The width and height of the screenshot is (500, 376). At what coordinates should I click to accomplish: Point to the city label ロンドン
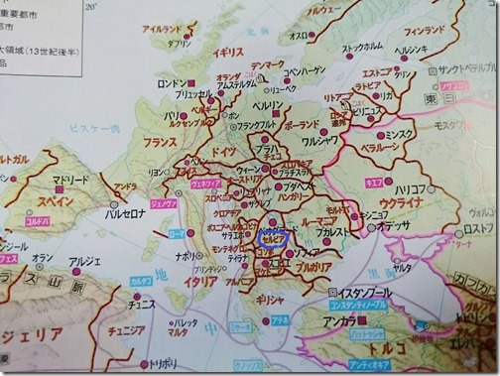click(171, 83)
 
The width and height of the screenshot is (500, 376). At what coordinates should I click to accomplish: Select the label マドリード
click(70, 181)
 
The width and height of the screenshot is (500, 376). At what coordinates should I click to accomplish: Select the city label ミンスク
click(400, 132)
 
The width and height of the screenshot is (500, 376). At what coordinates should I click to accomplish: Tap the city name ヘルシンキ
click(410, 50)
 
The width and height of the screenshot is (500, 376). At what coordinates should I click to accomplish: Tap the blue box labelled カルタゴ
click(140, 280)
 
